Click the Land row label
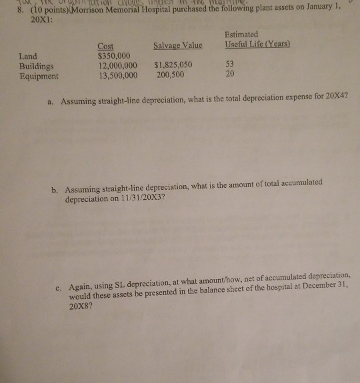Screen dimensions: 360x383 (x=29, y=57)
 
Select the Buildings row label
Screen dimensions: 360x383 (x=37, y=66)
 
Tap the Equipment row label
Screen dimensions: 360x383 (x=39, y=76)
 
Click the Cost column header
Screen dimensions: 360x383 (x=106, y=46)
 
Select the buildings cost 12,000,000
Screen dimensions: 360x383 (x=118, y=66)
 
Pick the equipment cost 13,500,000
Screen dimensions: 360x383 (x=118, y=76)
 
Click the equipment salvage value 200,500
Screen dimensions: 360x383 (x=171, y=76)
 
